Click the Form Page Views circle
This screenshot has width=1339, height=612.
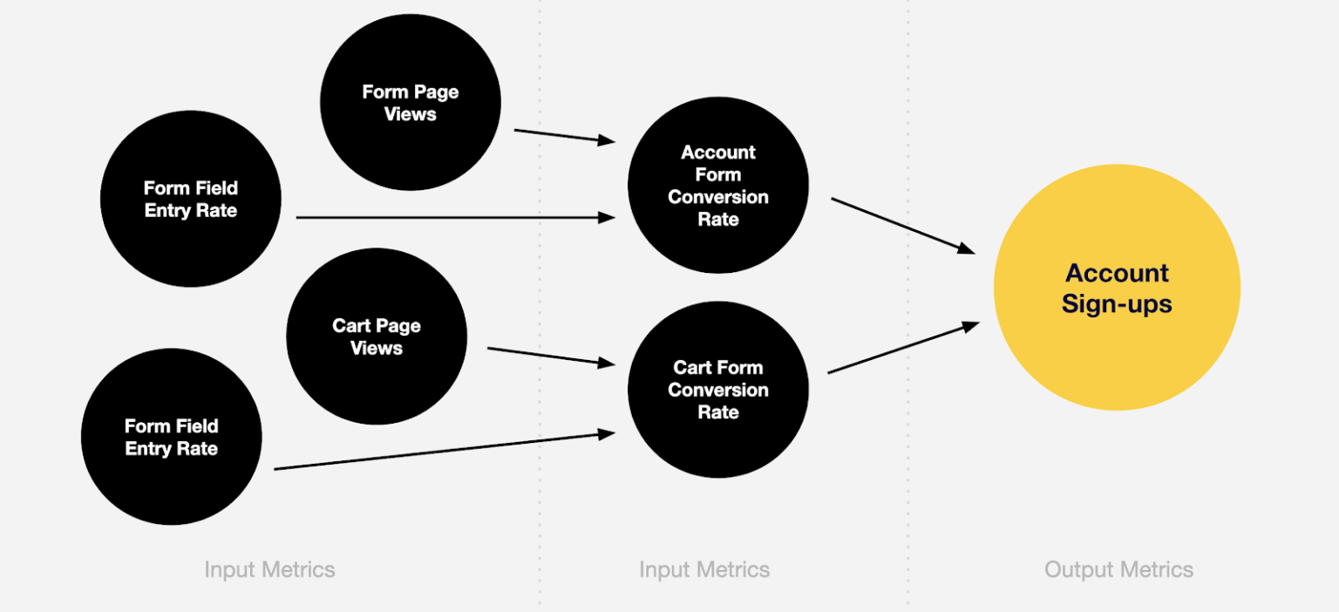pos(411,102)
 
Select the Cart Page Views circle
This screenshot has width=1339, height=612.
pos(377,337)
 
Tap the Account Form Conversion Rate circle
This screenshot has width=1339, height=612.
pos(718,185)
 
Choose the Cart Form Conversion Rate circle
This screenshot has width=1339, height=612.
pos(718,390)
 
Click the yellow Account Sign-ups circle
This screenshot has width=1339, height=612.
pos(1117,287)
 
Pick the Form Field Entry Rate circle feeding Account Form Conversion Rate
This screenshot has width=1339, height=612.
pos(191,199)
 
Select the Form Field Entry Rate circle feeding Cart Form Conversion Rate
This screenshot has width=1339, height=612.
pos(172,437)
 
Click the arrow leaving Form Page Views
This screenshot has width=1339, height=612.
pos(565,136)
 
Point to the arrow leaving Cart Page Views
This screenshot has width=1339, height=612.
pos(551,356)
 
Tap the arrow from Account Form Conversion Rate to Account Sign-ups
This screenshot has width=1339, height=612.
pos(903,226)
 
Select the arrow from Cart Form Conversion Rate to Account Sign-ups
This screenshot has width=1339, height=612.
pos(903,348)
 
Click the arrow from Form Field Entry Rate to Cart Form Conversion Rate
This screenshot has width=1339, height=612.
pos(445,452)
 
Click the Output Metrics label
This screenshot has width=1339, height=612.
pos(1118,570)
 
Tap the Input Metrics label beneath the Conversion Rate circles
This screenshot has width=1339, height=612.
pos(704,570)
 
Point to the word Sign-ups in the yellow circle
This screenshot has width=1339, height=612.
pos(1117,304)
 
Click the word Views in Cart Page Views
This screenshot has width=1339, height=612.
pos(377,348)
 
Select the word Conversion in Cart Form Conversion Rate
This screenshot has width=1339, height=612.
pos(718,390)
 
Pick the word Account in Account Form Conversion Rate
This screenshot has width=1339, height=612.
pos(718,153)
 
